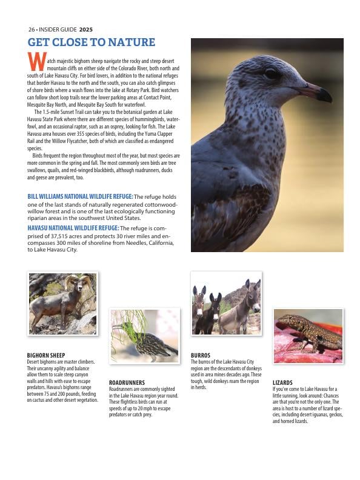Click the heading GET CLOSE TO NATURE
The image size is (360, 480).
coord(91,42)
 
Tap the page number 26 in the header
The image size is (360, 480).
coord(32,29)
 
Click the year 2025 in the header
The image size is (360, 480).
coord(86,29)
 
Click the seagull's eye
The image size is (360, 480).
coord(272,75)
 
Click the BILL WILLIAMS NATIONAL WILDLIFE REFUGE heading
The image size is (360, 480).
coord(80,196)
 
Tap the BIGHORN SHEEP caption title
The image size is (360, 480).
coord(46,355)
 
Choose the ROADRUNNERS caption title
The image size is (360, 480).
coord(127,383)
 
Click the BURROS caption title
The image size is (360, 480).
coord(200,355)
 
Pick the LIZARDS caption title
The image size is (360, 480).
coord(282,383)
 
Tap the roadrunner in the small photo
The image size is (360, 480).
coord(148,342)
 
